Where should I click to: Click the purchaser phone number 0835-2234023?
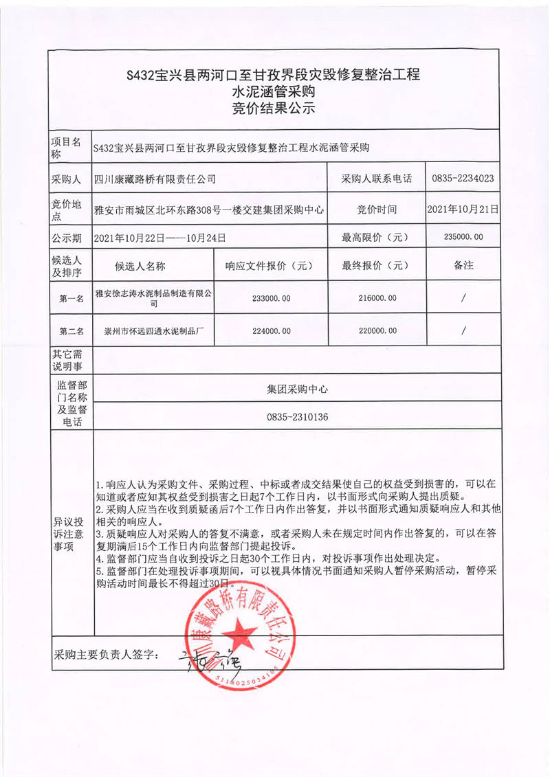coord(463,179)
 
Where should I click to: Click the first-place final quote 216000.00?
coord(377,297)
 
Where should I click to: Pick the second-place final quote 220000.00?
coord(377,330)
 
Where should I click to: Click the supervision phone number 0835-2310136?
coord(297,417)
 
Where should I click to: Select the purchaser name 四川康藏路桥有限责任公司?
coord(155,179)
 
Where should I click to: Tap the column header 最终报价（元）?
coord(377,265)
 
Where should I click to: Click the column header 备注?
coord(463,265)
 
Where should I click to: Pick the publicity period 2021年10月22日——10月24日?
coord(160,238)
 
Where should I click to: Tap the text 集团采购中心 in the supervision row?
coord(297,388)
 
